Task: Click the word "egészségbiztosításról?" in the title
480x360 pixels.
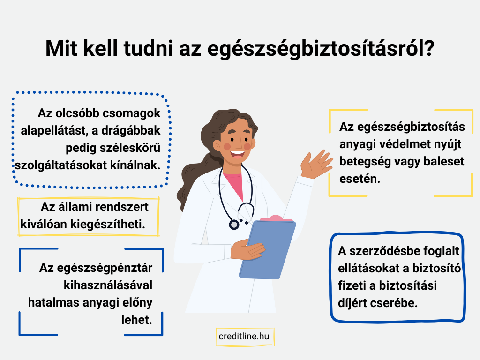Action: coord(321,49)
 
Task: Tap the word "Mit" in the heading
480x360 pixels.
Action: coord(61,48)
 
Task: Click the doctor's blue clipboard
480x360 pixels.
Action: coord(268,249)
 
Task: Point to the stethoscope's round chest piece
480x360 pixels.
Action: coord(234,225)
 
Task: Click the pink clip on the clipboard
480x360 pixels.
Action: coord(276,218)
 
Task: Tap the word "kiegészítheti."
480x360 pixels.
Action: coord(108,224)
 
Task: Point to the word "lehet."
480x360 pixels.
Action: coord(137,320)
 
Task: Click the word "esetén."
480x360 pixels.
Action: coord(360,179)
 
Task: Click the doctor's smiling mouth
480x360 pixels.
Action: coord(237,154)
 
